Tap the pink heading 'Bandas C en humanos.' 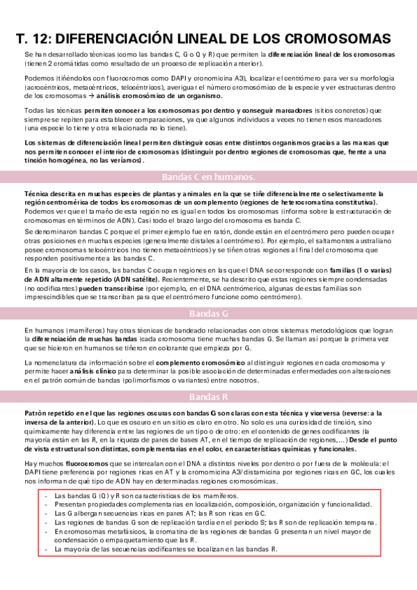208,176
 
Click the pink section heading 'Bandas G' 208,313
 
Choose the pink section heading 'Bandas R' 208,397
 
